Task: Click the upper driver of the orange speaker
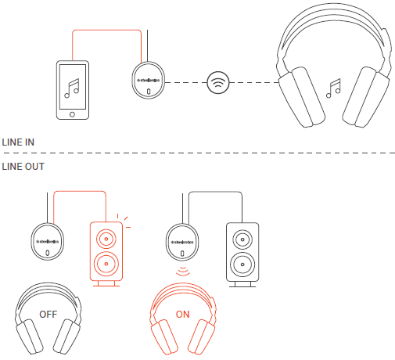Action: [107, 237]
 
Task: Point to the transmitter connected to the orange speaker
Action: [48, 240]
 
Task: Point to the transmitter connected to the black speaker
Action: [183, 240]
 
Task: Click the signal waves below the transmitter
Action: [183, 270]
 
